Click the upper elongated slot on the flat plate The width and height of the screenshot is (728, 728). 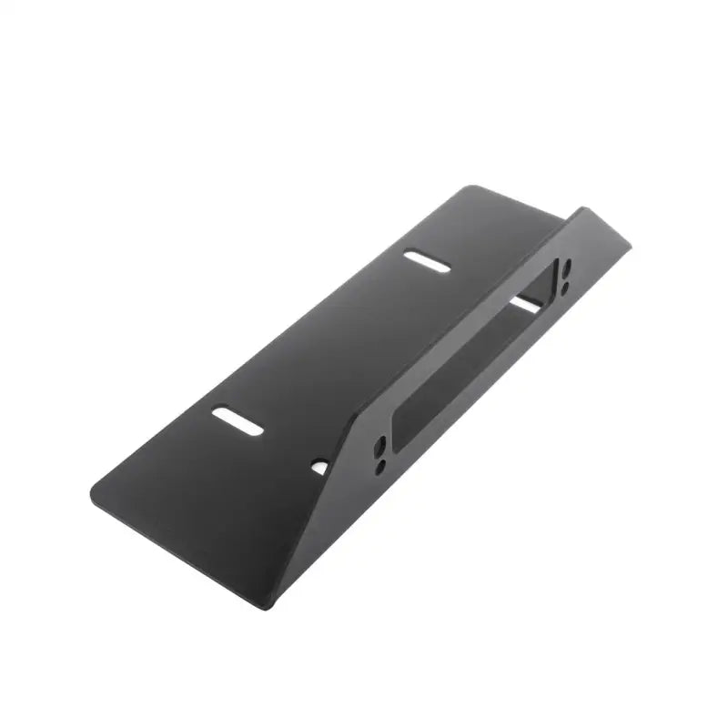pyautogui.click(x=429, y=260)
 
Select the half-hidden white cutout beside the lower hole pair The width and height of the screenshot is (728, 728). pyautogui.click(x=319, y=467)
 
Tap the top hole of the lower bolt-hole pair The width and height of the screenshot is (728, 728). pyautogui.click(x=381, y=447)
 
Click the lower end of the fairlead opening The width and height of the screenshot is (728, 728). pyautogui.click(x=400, y=428)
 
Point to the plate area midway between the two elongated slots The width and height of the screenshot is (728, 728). pyautogui.click(x=332, y=341)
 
